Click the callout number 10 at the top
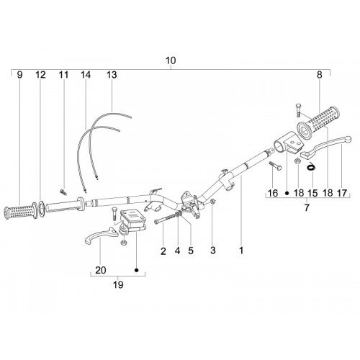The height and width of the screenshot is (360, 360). point(171,60)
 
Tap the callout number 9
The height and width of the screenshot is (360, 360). point(20,75)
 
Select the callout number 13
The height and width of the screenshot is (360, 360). point(112,75)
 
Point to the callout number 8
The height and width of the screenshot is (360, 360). point(319,75)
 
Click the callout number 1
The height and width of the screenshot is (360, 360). point(241,251)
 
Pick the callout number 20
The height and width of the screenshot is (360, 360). point(101,270)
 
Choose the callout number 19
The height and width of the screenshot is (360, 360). point(118,285)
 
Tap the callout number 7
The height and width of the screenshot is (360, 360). point(307,207)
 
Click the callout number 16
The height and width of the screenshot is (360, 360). point(273,193)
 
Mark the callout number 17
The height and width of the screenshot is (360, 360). point(342,193)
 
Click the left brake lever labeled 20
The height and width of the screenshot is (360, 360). point(101,235)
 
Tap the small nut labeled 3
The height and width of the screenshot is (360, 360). point(213,202)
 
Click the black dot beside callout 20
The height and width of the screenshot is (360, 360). point(137,270)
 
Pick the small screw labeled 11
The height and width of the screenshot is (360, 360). point(63,192)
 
